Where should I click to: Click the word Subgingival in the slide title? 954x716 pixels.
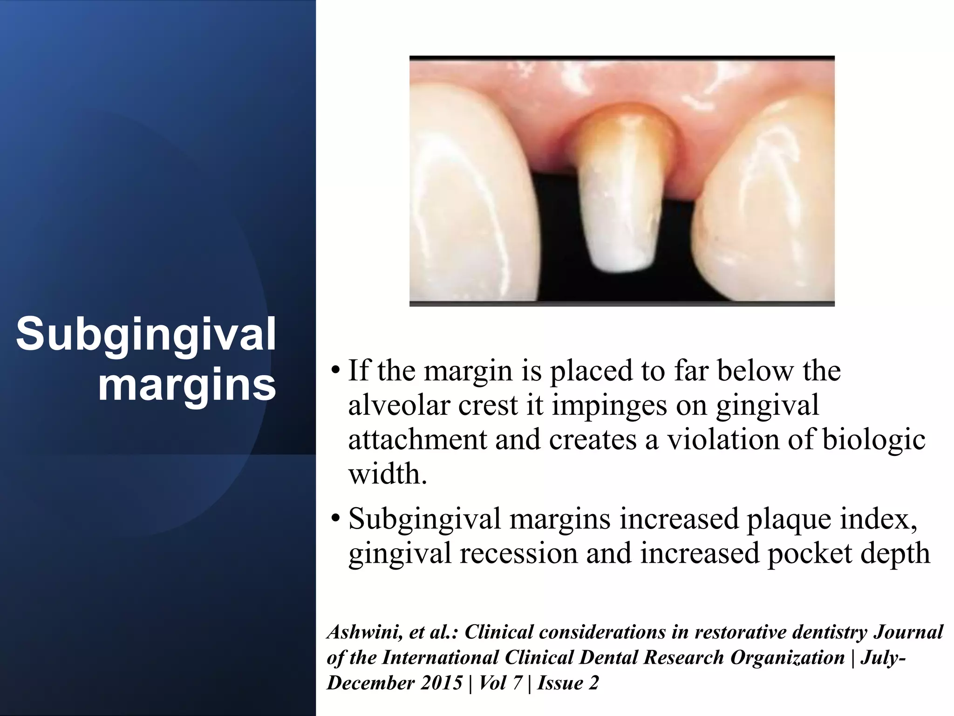[146, 335]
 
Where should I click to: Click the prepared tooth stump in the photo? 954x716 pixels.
[621, 196]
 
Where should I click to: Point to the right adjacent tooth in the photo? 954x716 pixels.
[769, 205]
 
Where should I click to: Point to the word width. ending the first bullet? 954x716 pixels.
[388, 474]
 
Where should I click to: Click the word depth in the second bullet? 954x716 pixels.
[895, 553]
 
